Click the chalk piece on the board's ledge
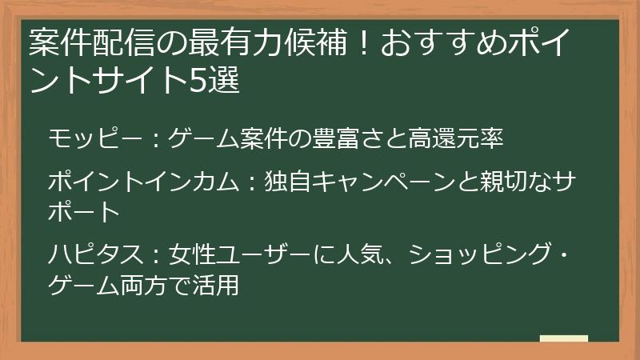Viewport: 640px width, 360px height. pyautogui.click(x=563, y=339)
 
